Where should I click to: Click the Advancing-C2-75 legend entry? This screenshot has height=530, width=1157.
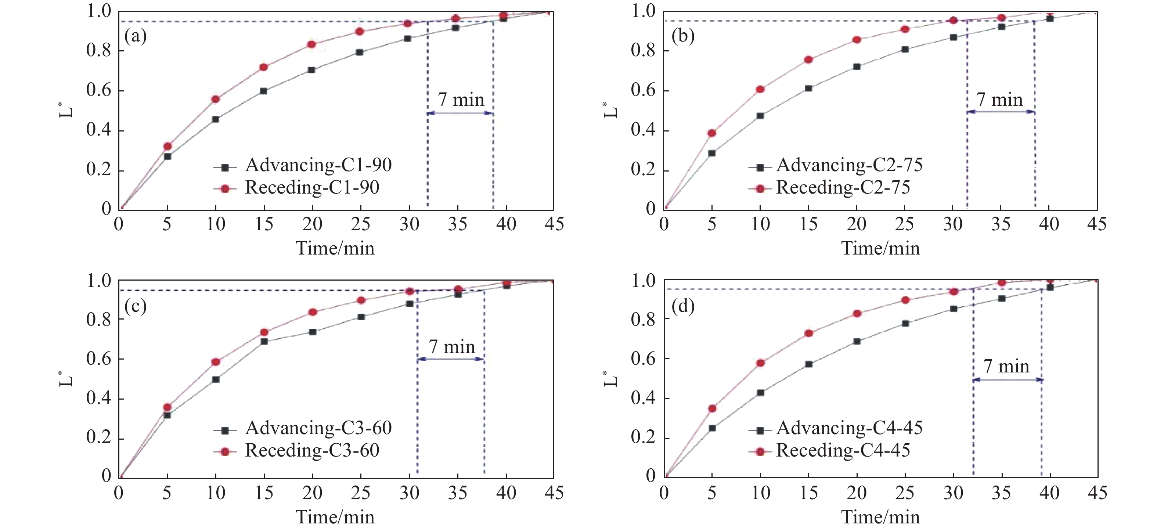click(x=849, y=165)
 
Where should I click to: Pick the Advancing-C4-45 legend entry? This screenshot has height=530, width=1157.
click(x=849, y=428)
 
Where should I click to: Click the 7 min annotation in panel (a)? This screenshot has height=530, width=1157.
click(x=461, y=100)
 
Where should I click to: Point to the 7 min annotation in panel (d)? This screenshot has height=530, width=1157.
click(x=1006, y=367)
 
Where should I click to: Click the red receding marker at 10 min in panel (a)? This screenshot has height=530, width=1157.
click(x=216, y=99)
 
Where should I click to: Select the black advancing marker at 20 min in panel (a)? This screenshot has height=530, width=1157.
click(x=312, y=70)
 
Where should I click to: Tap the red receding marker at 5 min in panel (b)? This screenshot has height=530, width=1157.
click(x=712, y=133)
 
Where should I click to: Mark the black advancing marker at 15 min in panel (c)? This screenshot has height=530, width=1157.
click(x=264, y=341)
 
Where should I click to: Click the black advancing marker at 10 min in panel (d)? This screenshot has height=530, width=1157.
click(x=760, y=393)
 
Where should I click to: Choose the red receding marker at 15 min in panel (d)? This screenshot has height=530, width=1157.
click(x=808, y=333)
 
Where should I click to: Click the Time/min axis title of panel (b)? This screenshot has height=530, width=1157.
click(x=880, y=248)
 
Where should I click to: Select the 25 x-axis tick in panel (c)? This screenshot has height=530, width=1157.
click(x=361, y=493)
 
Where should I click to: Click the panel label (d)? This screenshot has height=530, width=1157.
click(x=683, y=306)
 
